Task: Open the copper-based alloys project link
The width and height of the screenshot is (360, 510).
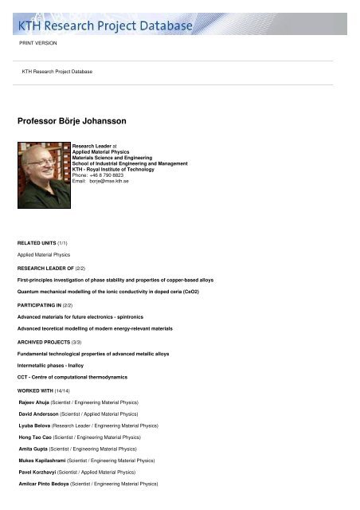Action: [115, 280]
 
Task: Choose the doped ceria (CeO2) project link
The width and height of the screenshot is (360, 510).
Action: [119, 292]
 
